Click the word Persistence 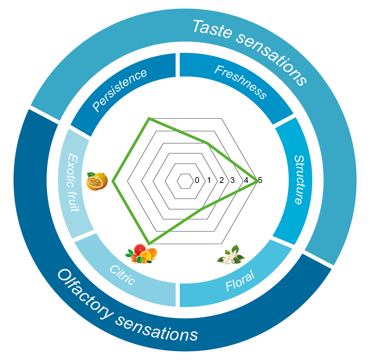[120, 90]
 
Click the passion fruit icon [97, 181]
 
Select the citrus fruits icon [142, 253]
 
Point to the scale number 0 [197, 180]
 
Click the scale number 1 [209, 180]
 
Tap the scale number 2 [221, 180]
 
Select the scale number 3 [232, 180]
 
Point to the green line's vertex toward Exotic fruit [113, 181]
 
